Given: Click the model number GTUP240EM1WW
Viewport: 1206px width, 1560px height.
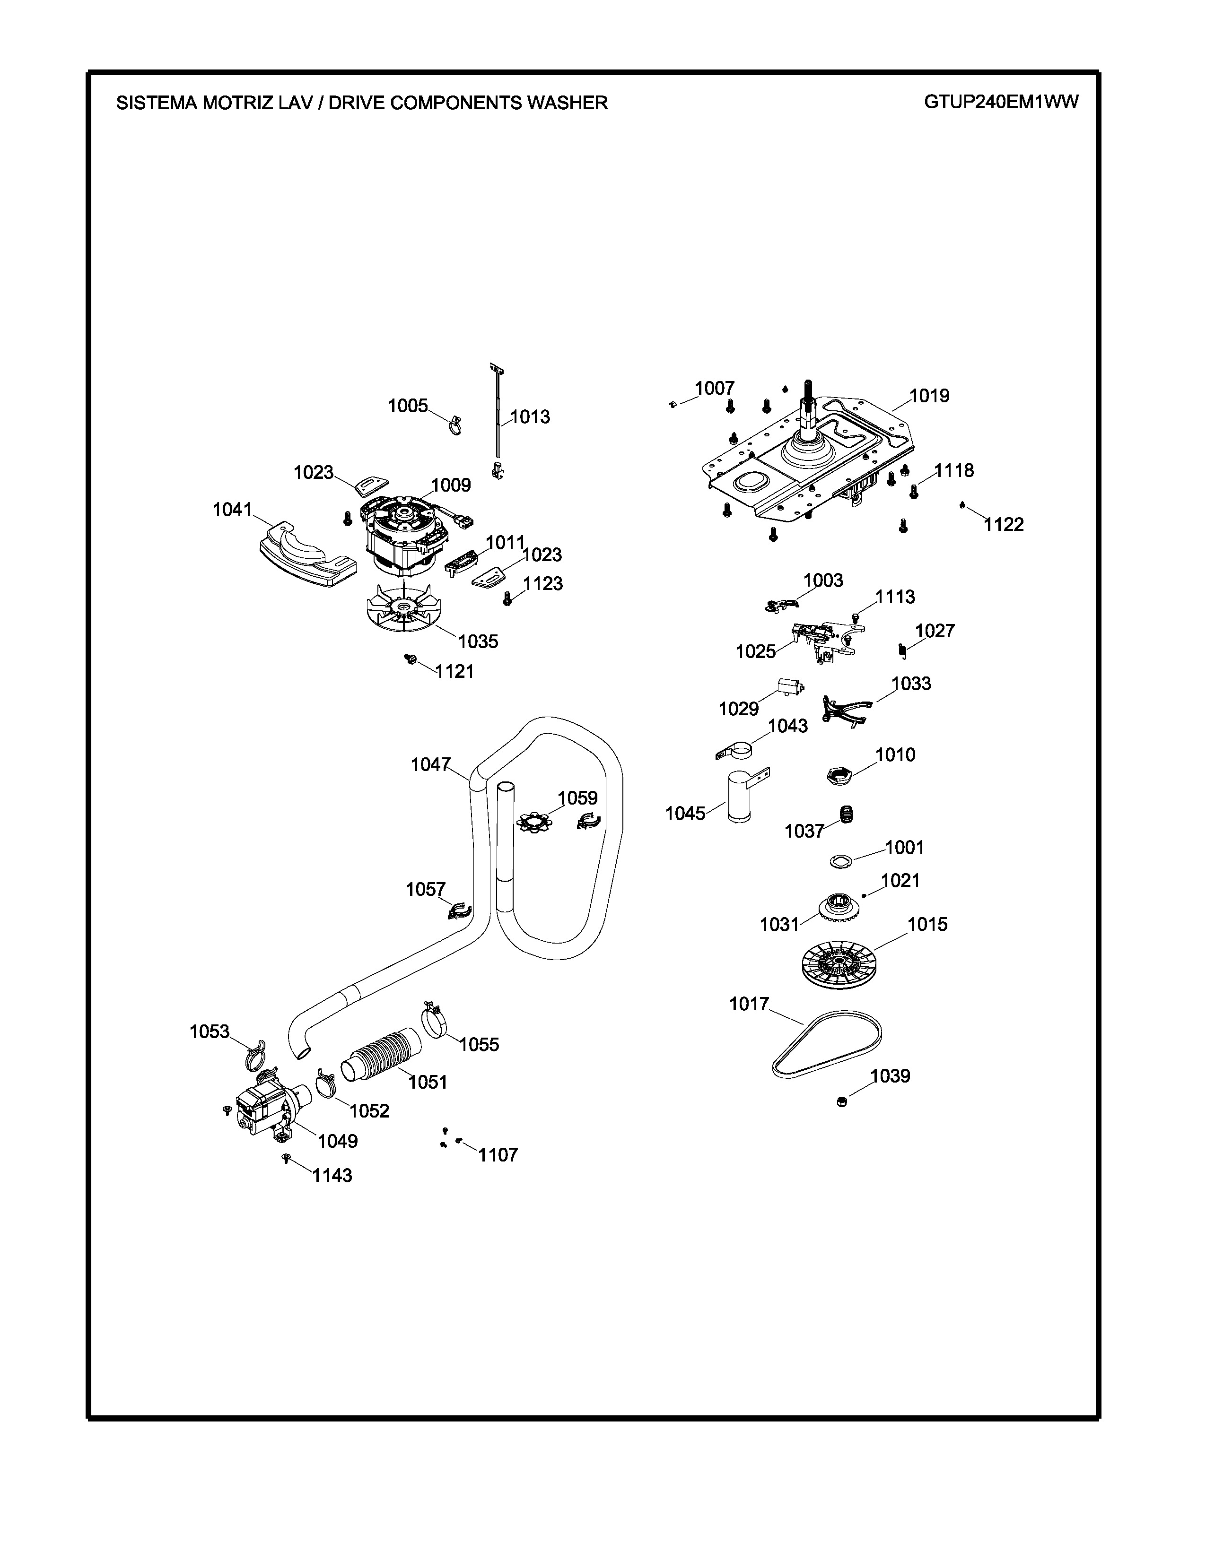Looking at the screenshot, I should pyautogui.click(x=1001, y=102).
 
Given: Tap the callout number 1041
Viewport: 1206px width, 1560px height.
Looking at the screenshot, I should pyautogui.click(x=232, y=509).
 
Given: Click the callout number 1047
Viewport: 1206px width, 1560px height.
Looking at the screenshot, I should pyautogui.click(x=430, y=764).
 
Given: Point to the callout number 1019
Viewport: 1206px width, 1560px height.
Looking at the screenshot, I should pyautogui.click(x=929, y=396).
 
